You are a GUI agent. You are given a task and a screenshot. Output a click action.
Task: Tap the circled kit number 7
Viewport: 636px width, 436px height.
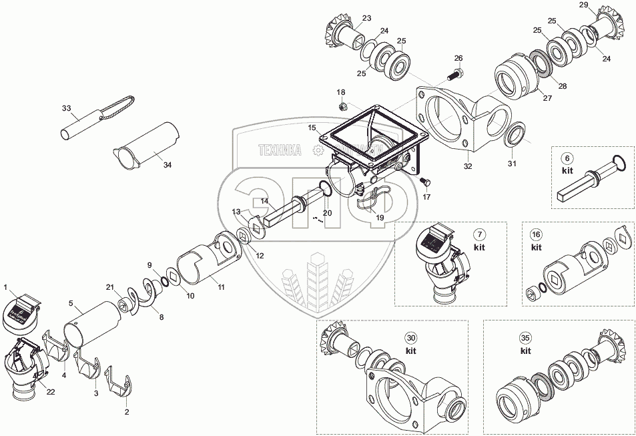click(479, 234)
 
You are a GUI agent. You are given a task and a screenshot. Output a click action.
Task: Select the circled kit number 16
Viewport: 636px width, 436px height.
click(536, 234)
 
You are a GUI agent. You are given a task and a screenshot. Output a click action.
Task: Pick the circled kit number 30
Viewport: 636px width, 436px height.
click(411, 338)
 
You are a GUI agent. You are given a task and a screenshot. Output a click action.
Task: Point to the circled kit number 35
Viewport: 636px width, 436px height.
click(525, 338)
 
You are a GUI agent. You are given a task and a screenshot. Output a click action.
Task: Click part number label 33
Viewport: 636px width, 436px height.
click(66, 108)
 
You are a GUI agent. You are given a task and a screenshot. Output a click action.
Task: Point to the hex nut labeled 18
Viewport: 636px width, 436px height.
click(341, 105)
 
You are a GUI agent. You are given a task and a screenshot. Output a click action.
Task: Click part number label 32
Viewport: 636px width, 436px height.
click(468, 166)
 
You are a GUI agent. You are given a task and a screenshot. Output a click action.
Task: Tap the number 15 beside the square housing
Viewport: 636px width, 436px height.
click(312, 127)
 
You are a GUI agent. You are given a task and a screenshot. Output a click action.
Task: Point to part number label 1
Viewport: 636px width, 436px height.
click(5, 288)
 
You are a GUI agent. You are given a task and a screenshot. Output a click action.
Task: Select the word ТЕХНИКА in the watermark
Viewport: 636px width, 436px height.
click(280, 150)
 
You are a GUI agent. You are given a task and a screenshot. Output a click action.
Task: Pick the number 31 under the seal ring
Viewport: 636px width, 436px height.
click(512, 164)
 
